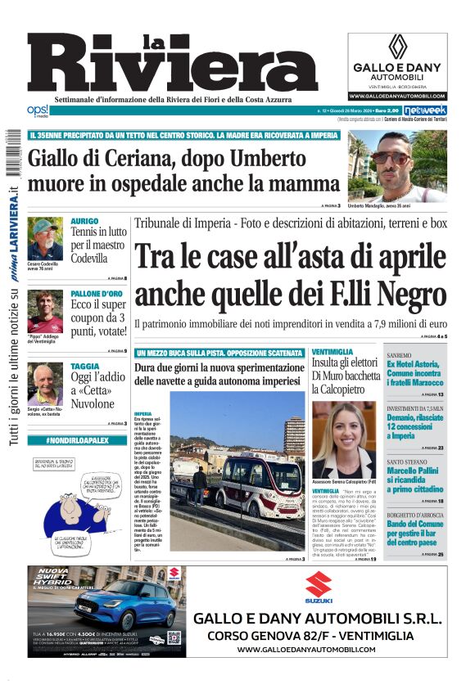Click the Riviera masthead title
point(172,64)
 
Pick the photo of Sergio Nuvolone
point(44,383)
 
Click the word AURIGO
point(84,221)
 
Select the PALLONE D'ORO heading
point(97,293)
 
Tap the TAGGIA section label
point(84,366)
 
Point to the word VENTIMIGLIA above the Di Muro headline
point(327,352)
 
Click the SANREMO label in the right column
point(399,355)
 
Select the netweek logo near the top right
point(425,109)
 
